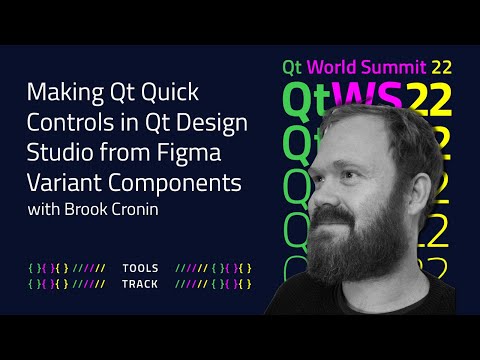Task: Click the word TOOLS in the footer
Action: point(139,269)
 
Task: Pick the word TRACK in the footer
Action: point(139,284)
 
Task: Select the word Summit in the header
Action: point(394,68)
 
